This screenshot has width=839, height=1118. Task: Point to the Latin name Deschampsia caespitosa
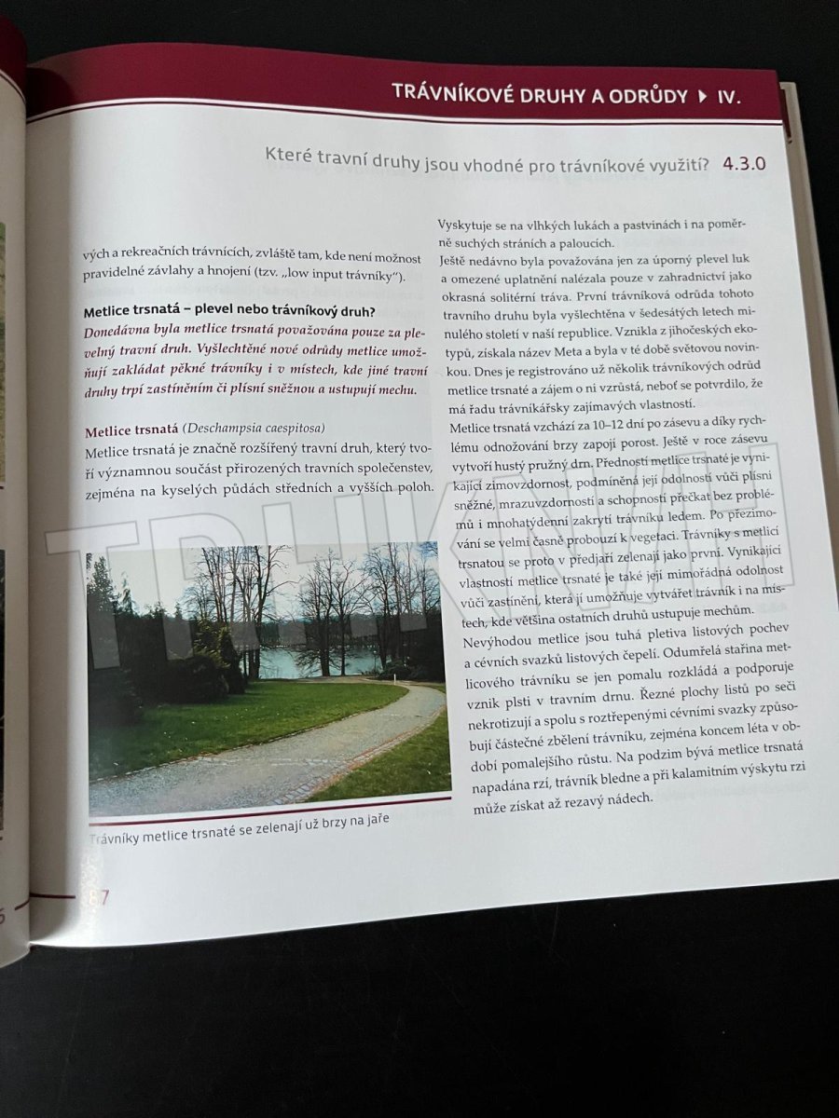coord(254,429)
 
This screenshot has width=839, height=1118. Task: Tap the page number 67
coord(99,897)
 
